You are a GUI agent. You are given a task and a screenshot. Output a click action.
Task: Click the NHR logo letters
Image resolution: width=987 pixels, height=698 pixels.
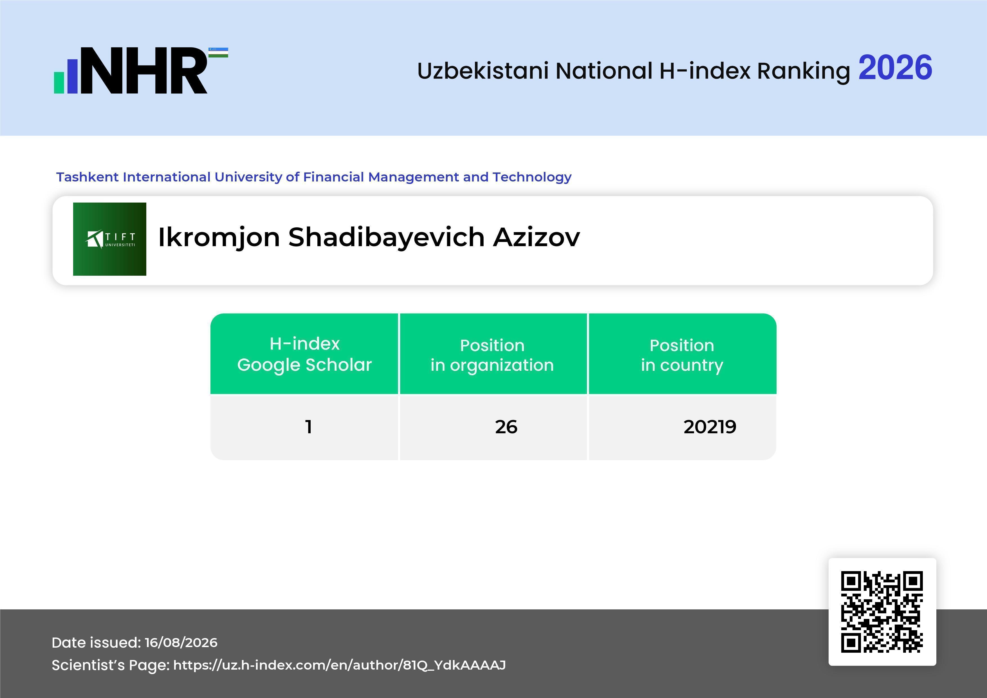click(x=144, y=71)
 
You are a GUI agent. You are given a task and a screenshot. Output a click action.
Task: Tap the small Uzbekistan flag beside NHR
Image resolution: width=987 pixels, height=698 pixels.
click(x=218, y=52)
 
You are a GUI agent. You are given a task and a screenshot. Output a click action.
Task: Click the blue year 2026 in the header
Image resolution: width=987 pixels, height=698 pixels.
click(x=895, y=68)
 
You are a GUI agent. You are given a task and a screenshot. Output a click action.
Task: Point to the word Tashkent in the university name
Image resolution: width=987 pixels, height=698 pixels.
click(x=88, y=177)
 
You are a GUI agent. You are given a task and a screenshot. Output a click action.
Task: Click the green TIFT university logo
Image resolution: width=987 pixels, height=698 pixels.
click(x=110, y=239)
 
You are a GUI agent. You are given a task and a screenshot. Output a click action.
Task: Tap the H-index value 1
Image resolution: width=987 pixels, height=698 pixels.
click(x=308, y=427)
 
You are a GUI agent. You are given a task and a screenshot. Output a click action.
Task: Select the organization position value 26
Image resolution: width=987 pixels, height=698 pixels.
click(x=506, y=427)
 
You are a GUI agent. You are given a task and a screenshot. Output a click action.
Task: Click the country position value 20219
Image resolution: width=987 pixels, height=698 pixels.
click(x=710, y=427)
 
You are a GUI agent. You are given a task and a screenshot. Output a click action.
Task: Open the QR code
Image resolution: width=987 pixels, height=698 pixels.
click(x=882, y=612)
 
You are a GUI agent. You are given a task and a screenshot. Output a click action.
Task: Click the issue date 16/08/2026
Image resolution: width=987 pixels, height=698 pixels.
click(x=181, y=643)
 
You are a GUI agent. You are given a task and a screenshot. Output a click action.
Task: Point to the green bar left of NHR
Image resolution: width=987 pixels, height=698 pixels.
click(x=59, y=82)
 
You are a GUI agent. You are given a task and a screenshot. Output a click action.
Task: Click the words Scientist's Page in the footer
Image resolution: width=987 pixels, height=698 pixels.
click(x=110, y=665)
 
